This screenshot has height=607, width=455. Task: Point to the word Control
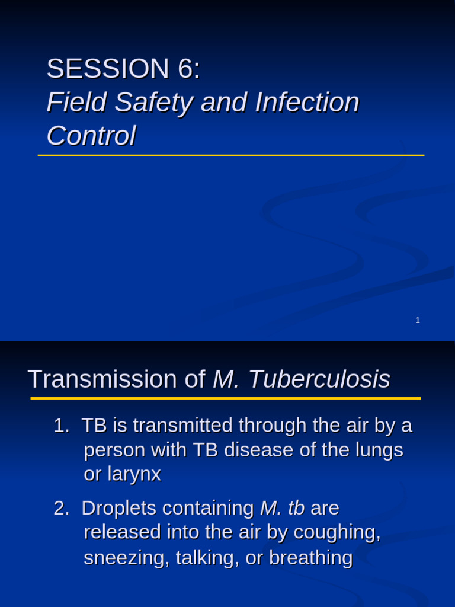tap(91, 136)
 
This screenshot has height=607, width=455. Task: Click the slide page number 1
tap(418, 320)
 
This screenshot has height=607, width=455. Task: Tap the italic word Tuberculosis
tap(319, 379)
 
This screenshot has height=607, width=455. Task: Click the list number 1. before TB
tap(62, 426)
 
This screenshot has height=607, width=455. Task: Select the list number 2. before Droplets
tap(62, 508)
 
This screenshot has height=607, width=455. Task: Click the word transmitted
tap(183, 426)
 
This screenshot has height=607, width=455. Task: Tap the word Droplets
tap(118, 508)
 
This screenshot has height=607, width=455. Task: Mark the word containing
tap(208, 509)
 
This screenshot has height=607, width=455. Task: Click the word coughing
tap(338, 533)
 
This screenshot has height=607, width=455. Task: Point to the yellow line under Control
tap(231, 155)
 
